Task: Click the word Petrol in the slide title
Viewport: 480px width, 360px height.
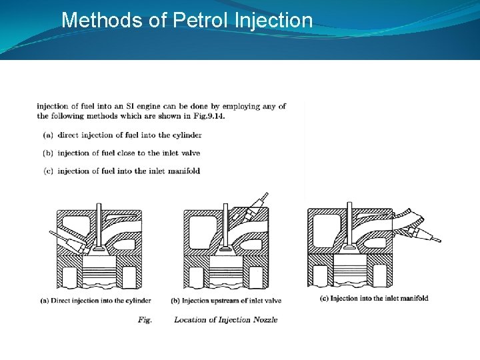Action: [x=201, y=20]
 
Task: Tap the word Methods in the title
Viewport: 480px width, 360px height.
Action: [x=102, y=20]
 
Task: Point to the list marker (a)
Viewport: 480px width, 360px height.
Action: [x=48, y=135]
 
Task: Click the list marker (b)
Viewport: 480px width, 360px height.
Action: [x=48, y=153]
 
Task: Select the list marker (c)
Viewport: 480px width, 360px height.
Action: [x=48, y=171]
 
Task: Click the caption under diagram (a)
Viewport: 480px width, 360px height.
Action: [x=95, y=301]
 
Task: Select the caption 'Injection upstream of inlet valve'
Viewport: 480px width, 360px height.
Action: [x=231, y=301]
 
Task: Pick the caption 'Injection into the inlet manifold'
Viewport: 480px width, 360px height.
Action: [x=379, y=299]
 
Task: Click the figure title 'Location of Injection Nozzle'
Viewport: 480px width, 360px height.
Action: [x=226, y=320]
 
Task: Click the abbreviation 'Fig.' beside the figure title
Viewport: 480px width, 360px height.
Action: [x=145, y=320]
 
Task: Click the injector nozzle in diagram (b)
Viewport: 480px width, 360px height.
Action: [x=253, y=207]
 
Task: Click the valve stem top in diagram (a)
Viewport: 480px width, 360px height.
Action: [x=99, y=205]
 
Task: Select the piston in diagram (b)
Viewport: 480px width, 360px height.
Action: [x=226, y=271]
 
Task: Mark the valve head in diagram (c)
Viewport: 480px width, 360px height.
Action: [x=349, y=245]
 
